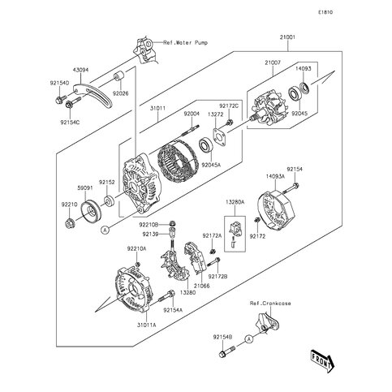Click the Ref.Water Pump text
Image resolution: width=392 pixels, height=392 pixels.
186,42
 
